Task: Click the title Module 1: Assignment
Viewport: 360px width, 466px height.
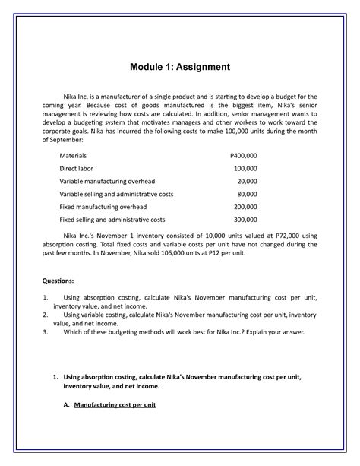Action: (x=179, y=68)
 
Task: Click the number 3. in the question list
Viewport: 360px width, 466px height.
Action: (x=46, y=331)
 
